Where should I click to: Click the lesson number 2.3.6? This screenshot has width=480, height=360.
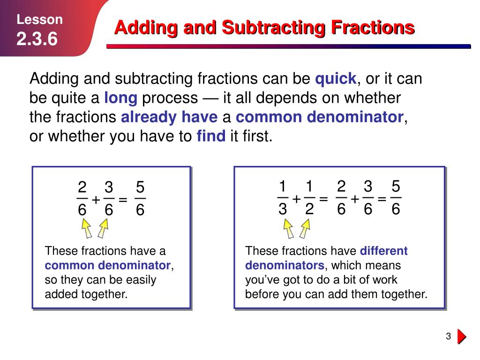37,39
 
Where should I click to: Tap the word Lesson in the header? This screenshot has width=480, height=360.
40,20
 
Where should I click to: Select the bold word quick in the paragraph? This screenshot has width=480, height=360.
336,79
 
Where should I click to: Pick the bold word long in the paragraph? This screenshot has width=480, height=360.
120,98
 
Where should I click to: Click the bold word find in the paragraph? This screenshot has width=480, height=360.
211,136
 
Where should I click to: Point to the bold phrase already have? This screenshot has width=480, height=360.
169,117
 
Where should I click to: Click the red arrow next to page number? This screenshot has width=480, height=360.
462,337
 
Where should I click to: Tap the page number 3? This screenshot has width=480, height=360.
448,337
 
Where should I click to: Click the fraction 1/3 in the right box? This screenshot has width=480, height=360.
282,199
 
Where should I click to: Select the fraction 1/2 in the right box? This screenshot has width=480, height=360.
309,199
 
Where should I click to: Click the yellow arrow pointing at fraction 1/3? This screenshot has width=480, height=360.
288,229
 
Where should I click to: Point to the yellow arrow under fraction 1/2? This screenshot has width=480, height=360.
305,229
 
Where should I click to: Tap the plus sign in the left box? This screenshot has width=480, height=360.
96,200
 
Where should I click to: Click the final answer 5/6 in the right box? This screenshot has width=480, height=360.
396,199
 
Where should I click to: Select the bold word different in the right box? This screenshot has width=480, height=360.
384,251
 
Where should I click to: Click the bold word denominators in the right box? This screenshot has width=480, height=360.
285,265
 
